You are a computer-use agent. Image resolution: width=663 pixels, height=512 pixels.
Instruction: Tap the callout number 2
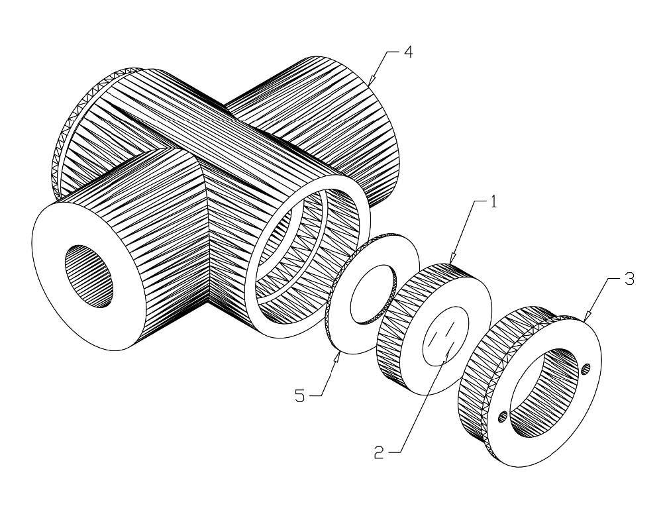pyautogui.click(x=378, y=452)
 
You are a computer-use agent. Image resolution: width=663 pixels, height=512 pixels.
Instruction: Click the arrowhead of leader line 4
pyautogui.click(x=368, y=84)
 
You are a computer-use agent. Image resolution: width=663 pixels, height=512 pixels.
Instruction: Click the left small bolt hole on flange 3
pyautogui.click(x=503, y=415)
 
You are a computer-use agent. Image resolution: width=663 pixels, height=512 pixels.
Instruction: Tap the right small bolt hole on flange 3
pyautogui.click(x=586, y=370)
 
